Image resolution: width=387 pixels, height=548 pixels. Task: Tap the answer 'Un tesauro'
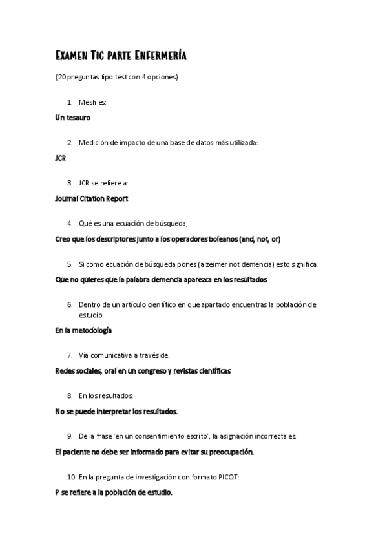point(72,118)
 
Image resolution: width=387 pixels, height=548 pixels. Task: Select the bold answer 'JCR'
point(61,158)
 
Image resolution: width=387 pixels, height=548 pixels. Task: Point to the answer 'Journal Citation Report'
point(91,198)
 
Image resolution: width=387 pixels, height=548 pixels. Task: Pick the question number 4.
point(69,224)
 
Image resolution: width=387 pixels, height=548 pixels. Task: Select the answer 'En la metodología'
point(83,330)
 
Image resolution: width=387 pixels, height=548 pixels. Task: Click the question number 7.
point(69,355)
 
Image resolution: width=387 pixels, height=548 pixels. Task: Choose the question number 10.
point(72,477)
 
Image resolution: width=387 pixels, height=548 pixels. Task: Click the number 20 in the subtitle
point(61,77)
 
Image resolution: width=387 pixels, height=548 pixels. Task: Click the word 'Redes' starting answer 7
point(67,371)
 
